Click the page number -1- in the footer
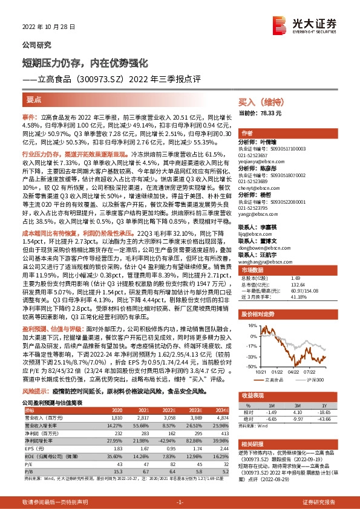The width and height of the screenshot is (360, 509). click(x=180, y=503)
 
